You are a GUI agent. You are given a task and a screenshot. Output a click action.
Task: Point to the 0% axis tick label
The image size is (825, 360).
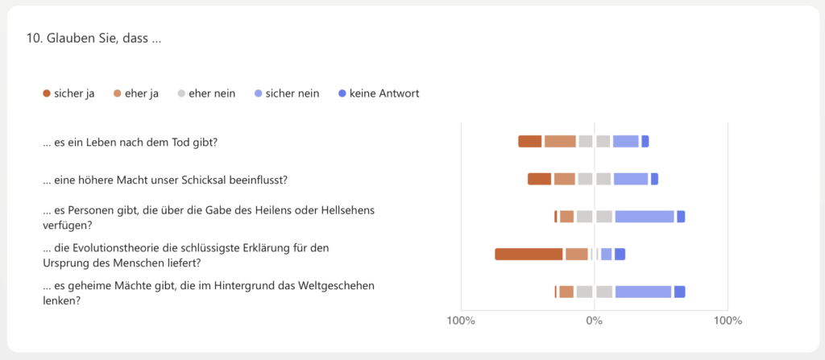point(594,321)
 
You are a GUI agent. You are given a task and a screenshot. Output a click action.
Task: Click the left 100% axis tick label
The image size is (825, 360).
point(460,321)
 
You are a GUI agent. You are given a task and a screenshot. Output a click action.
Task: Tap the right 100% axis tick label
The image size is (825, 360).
point(728,321)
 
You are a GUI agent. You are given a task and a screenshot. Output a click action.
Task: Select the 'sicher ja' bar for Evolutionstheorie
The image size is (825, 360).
point(529,254)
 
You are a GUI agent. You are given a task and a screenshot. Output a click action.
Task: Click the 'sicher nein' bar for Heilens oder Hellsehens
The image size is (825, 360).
point(645,217)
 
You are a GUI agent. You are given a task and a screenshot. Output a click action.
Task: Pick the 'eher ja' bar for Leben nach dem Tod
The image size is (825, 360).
point(560,142)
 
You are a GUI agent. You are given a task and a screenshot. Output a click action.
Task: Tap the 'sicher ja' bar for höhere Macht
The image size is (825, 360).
point(540,179)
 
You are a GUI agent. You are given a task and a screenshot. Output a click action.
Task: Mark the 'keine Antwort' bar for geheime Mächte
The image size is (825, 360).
point(680,292)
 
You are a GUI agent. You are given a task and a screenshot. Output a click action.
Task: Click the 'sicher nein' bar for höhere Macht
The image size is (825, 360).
point(631,179)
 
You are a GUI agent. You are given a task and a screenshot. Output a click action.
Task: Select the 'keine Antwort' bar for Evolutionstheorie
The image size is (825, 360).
point(620,254)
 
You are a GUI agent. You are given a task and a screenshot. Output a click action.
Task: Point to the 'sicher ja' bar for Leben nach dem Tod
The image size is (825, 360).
point(530,142)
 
